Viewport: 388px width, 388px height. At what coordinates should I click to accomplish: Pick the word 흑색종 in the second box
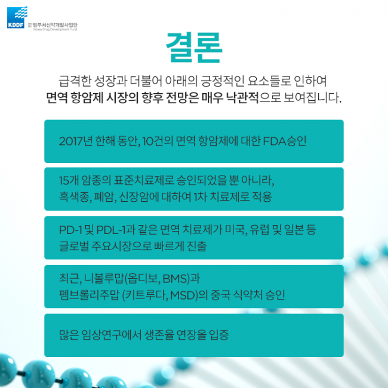(x=73, y=196)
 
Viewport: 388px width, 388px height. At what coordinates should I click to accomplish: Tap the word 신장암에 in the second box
(x=137, y=196)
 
